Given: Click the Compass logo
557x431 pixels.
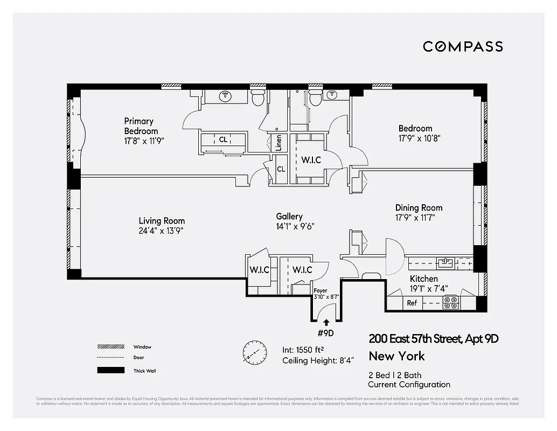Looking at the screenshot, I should pos(463,47).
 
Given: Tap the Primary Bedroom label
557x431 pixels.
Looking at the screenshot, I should pos(141,126).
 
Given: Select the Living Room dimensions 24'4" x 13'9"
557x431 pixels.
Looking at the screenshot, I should pos(162,231).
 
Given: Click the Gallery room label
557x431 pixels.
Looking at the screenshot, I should pos(289,217).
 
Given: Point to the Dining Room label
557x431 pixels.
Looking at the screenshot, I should pos(419,208).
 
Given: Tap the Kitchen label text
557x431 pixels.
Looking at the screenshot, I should pos(424,279).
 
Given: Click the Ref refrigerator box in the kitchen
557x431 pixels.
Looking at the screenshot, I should pos(412,303).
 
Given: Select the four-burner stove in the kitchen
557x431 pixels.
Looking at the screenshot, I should pos(450,303).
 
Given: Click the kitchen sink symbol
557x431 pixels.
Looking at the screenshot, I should pos(445,263).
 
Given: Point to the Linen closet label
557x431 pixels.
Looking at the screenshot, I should pos(278,143).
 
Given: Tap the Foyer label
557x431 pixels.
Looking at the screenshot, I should pos(321,291).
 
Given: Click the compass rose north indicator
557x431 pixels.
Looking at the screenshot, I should pos(254,351).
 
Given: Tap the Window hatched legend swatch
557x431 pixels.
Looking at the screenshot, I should pos(108,346).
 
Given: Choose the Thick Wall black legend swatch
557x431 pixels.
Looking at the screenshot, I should pos(108,371).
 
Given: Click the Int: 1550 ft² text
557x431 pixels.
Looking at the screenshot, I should pos(311,349).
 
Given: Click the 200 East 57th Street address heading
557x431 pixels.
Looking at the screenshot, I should pos(434,339).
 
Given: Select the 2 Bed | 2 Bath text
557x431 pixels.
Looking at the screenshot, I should pos(395,375).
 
